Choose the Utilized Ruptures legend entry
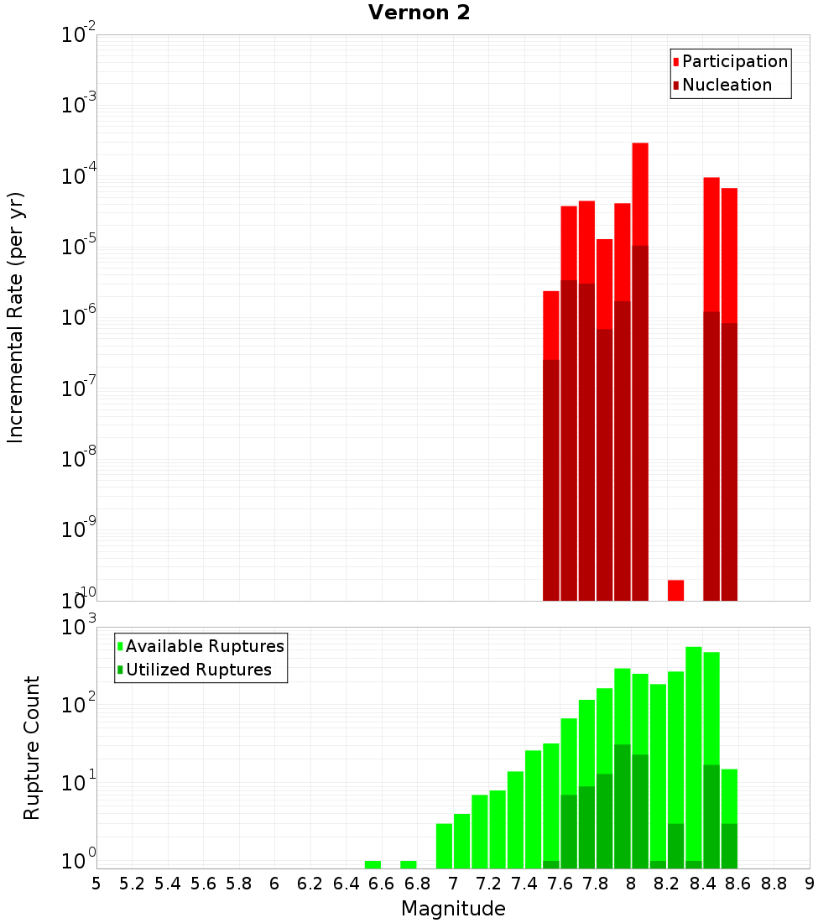198,670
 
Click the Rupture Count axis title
32,748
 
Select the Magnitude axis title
453,909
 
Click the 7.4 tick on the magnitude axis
524,884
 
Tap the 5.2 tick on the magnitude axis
132,884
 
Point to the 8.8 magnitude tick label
774,884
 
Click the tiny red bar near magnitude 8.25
675,590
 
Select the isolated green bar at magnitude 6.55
373,864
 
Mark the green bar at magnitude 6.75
409,864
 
